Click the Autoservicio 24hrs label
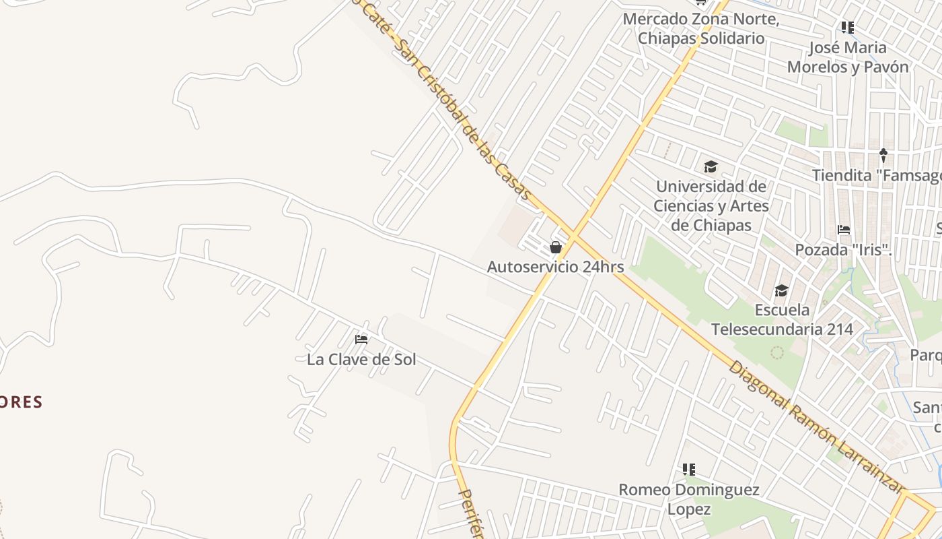[555, 267]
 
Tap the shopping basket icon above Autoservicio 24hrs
[556, 247]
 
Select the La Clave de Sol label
[361, 359]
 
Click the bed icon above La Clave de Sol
[361, 339]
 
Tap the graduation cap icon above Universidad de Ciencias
[711, 166]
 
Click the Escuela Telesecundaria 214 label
[782, 319]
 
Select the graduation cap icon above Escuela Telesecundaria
[781, 290]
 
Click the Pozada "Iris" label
[843, 250]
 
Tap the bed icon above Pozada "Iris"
[844, 230]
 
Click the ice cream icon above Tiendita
[883, 156]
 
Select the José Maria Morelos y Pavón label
[848, 57]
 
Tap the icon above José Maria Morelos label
[848, 28]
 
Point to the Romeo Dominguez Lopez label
[689, 499]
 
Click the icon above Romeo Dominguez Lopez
[688, 469]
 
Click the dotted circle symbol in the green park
[777, 352]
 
